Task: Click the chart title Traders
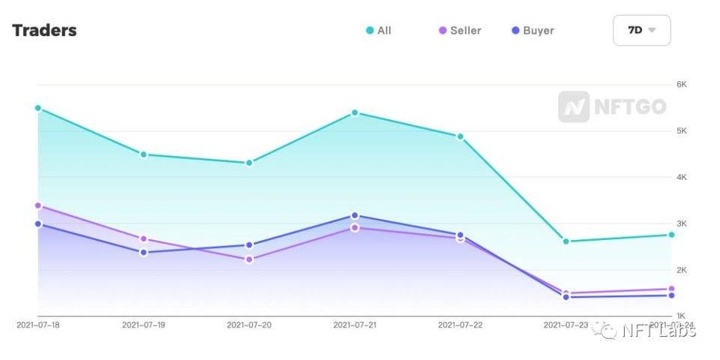44,31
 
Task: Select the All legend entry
379,31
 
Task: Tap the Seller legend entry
460,31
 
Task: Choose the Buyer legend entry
532,31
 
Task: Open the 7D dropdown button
641,31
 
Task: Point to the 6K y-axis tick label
682,84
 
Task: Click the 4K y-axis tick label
682,177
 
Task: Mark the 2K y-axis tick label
682,270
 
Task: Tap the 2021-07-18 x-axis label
38,325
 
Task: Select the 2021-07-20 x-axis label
249,325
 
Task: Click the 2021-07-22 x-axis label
460,325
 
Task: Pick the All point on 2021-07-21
355,112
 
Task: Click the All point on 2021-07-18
38,108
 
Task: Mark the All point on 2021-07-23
565,241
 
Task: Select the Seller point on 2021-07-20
249,259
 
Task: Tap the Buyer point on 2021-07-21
355,215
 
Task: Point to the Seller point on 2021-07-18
38,205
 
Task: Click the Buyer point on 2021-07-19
143,252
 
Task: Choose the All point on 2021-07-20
249,163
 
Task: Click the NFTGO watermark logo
612,107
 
